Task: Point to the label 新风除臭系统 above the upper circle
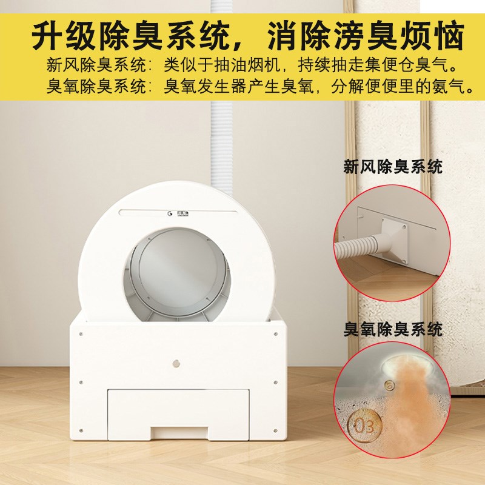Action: pos(393,167)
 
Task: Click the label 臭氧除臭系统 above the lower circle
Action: pos(393,330)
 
